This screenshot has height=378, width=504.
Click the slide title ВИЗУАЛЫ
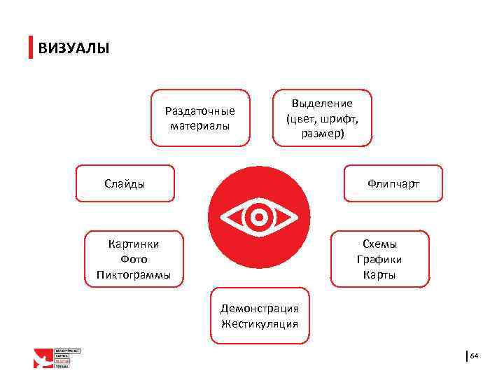[x=73, y=48]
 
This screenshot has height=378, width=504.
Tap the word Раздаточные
[x=199, y=111]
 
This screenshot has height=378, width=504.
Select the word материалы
[x=199, y=126]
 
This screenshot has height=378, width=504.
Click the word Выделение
[x=323, y=104]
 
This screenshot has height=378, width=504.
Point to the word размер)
[x=323, y=133]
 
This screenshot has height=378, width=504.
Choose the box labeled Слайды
[x=125, y=184]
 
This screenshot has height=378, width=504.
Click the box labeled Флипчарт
[x=393, y=184]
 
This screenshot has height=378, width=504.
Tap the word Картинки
[x=133, y=244]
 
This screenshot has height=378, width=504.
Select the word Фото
[x=133, y=260]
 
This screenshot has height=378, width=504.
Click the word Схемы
[x=379, y=244]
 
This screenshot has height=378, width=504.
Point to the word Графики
[x=379, y=260]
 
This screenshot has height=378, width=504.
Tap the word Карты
[x=379, y=275]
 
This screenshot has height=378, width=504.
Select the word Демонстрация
[x=260, y=309]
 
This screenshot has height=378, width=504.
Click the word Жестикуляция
[x=260, y=324]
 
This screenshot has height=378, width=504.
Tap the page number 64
[x=474, y=356]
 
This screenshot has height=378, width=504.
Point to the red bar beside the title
[x=31, y=48]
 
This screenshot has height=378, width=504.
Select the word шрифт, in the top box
[x=339, y=118]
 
